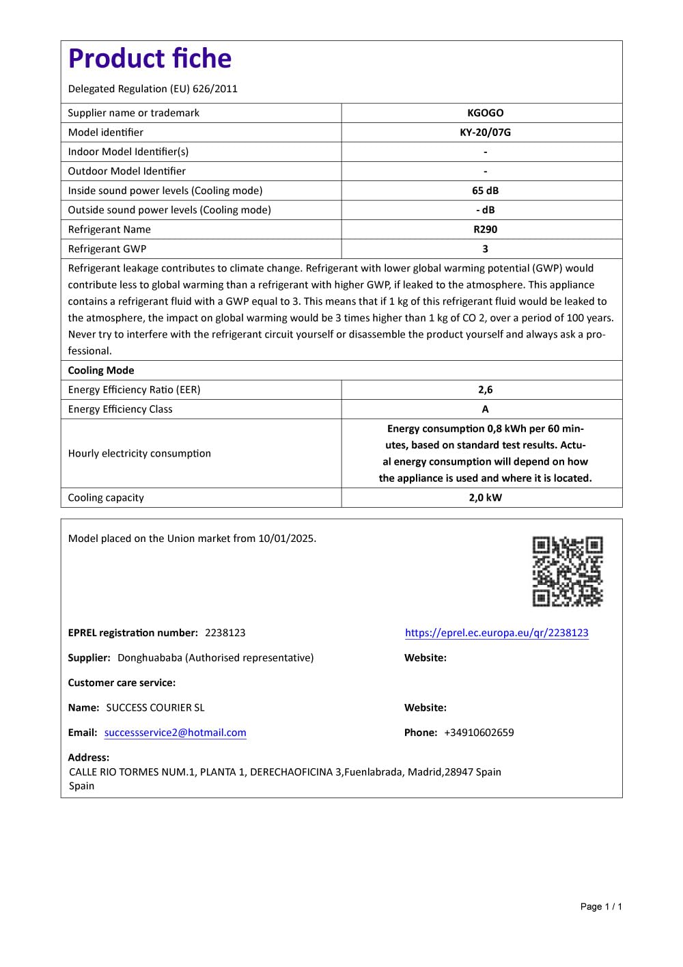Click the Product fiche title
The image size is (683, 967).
pos(150,59)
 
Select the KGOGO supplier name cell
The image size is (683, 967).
pos(485,113)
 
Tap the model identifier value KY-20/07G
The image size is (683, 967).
pos(485,133)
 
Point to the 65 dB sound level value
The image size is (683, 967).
pos(485,191)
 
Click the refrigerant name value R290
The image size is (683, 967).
pos(485,230)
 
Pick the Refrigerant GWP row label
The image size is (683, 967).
pos(107,249)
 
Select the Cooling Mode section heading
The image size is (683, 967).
pos(101,370)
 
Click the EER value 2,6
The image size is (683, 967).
pos(485,390)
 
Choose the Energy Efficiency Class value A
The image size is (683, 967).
pos(485,409)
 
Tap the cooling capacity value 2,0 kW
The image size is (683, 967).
pos(485,498)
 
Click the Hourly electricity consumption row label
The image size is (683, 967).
pos(139,453)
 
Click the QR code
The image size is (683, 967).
pos(568,571)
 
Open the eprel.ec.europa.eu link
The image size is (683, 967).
pos(497,633)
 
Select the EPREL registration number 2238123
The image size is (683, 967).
pos(225,633)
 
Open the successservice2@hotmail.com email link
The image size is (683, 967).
pos(176,733)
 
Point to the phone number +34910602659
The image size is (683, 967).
pos(479,733)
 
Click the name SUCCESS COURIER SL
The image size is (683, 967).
pos(155,708)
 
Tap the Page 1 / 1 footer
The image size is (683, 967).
pos(601,907)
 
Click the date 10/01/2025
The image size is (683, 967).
pos(286,539)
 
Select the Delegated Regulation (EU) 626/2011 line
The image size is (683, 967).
pos(153,89)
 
